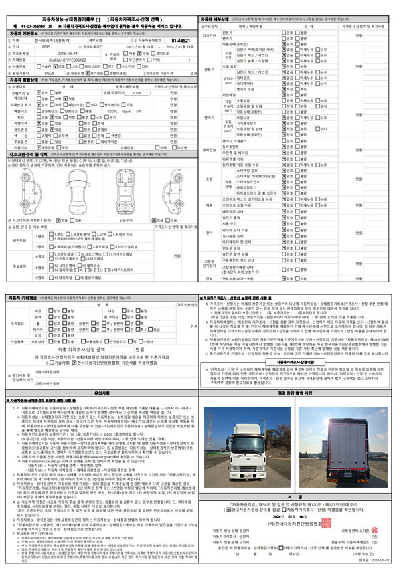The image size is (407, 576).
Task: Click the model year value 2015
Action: [46, 47]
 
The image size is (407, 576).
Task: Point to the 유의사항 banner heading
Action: [102, 393]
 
